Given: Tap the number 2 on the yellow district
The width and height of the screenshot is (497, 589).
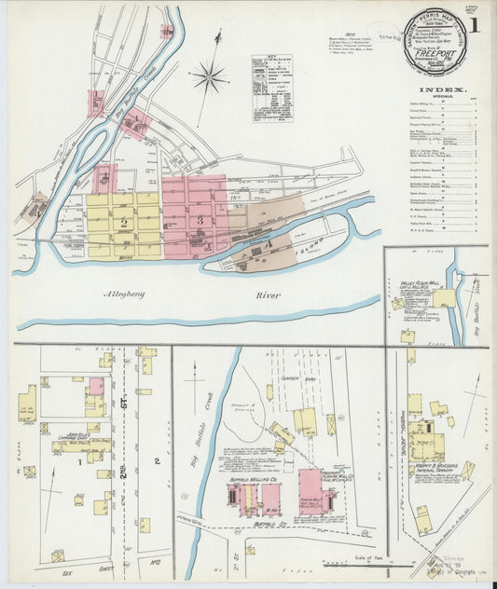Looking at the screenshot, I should pyautogui.click(x=123, y=222).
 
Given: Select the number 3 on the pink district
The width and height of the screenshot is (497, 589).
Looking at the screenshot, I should pyautogui.click(x=200, y=218).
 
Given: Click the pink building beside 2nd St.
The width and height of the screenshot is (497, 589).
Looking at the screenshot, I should pyautogui.click(x=96, y=386).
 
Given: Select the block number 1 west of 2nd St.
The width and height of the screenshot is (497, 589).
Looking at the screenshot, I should pyautogui.click(x=79, y=460).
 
